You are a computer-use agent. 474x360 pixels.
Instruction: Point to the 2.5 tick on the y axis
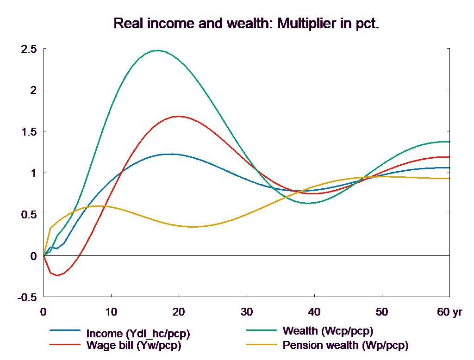pos(28,49)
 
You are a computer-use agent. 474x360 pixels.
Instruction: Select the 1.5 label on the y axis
pos(28,132)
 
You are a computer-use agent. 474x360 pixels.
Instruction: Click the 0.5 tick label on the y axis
pos(28,215)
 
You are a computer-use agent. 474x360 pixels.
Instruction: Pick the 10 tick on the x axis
pos(111,312)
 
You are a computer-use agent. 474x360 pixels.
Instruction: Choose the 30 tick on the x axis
pos(247,312)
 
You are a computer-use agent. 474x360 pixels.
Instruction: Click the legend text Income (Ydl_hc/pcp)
pos(138,334)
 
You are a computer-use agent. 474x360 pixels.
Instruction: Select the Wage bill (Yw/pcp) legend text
pos(134,345)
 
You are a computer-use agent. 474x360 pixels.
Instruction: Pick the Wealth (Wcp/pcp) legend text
pos(327,331)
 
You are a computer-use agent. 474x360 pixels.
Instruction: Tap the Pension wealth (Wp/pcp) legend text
pos(345,345)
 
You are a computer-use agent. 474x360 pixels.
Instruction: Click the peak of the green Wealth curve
pos(157,50)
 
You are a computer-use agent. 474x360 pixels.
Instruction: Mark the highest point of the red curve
pos(179,116)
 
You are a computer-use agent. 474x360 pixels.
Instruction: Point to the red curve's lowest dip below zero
pos(57,275)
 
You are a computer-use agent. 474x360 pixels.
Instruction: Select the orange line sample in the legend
pos(262,345)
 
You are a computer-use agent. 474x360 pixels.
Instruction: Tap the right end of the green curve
pos(449,142)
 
